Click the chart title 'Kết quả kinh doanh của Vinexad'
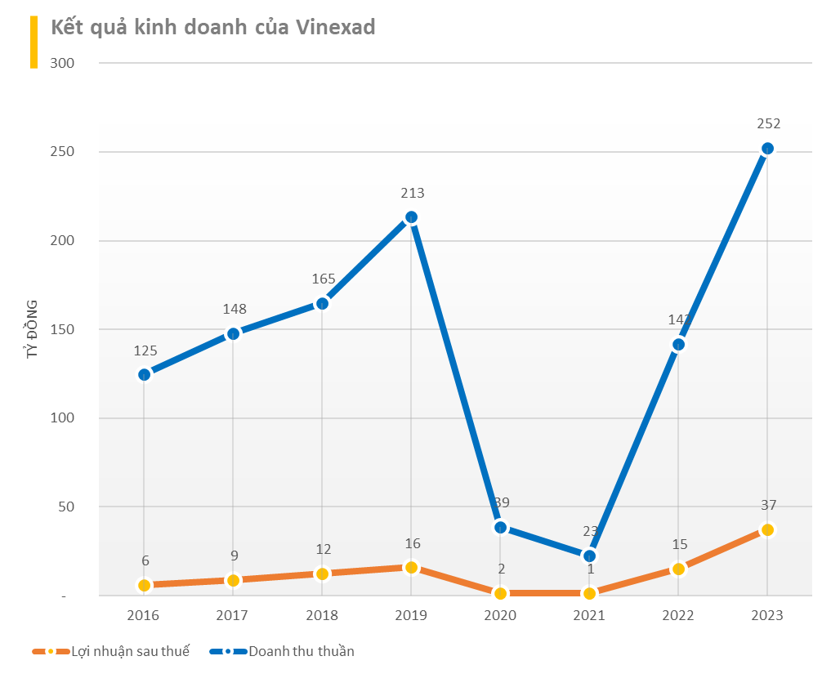[x=213, y=28]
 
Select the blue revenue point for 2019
[x=411, y=217]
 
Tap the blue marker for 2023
[x=767, y=149]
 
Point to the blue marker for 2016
[x=144, y=375]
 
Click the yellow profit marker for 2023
[x=767, y=529]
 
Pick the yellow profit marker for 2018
[x=322, y=574]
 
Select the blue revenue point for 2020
[x=500, y=528]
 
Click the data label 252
[x=768, y=124]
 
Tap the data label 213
[x=412, y=194]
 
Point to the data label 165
[x=324, y=279]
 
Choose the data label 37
[x=768, y=506]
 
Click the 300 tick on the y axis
[x=62, y=63]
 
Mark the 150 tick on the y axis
[x=62, y=329]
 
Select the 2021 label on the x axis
[x=589, y=615]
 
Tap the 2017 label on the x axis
[x=233, y=615]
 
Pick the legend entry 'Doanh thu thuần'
[x=301, y=651]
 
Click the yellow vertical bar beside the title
[x=34, y=42]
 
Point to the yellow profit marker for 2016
[x=144, y=585]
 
